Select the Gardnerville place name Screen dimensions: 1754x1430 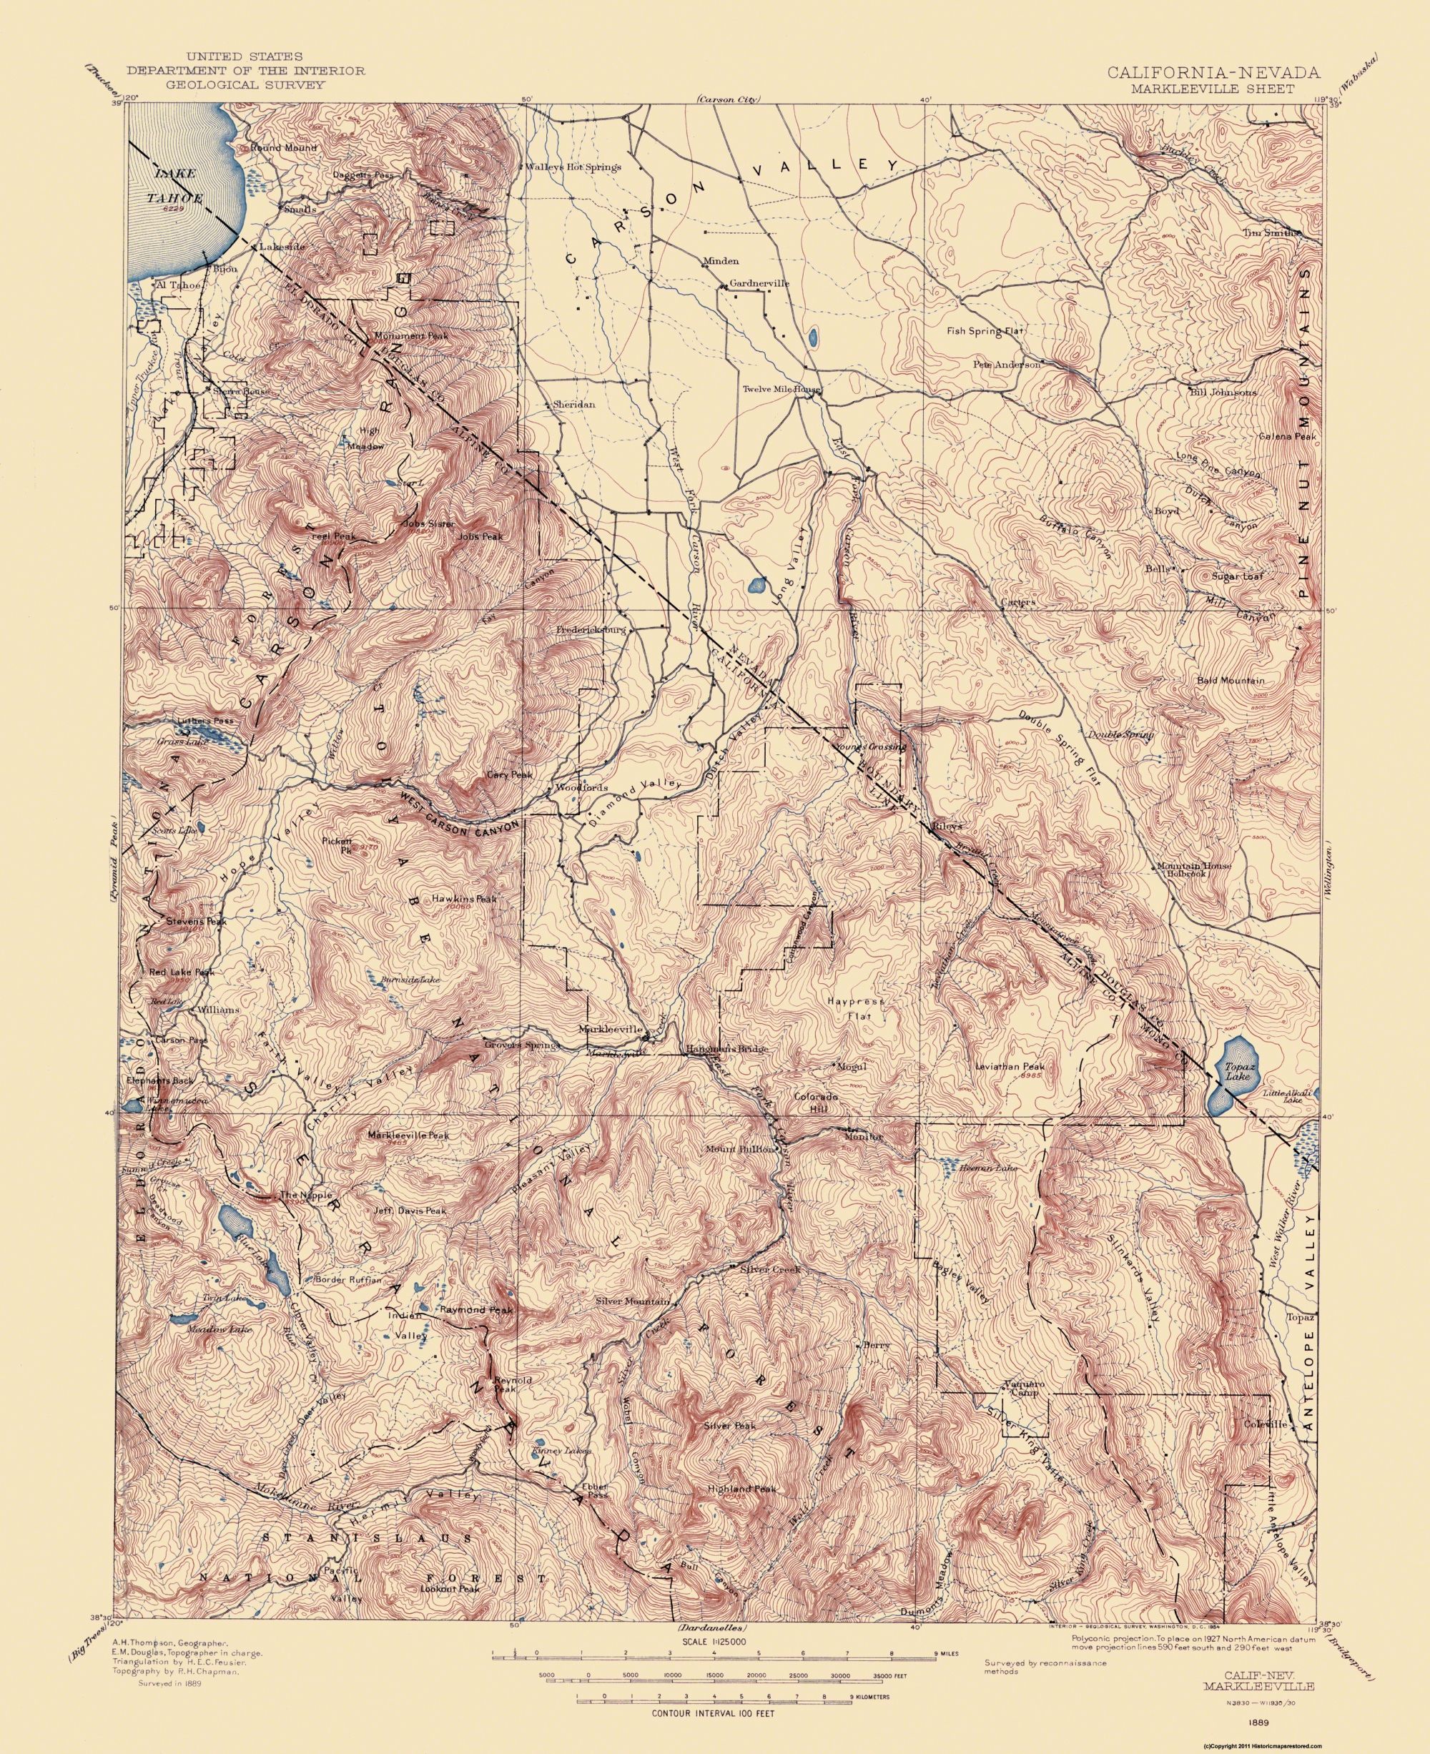(759, 283)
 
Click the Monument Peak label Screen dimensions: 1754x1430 (410, 336)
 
